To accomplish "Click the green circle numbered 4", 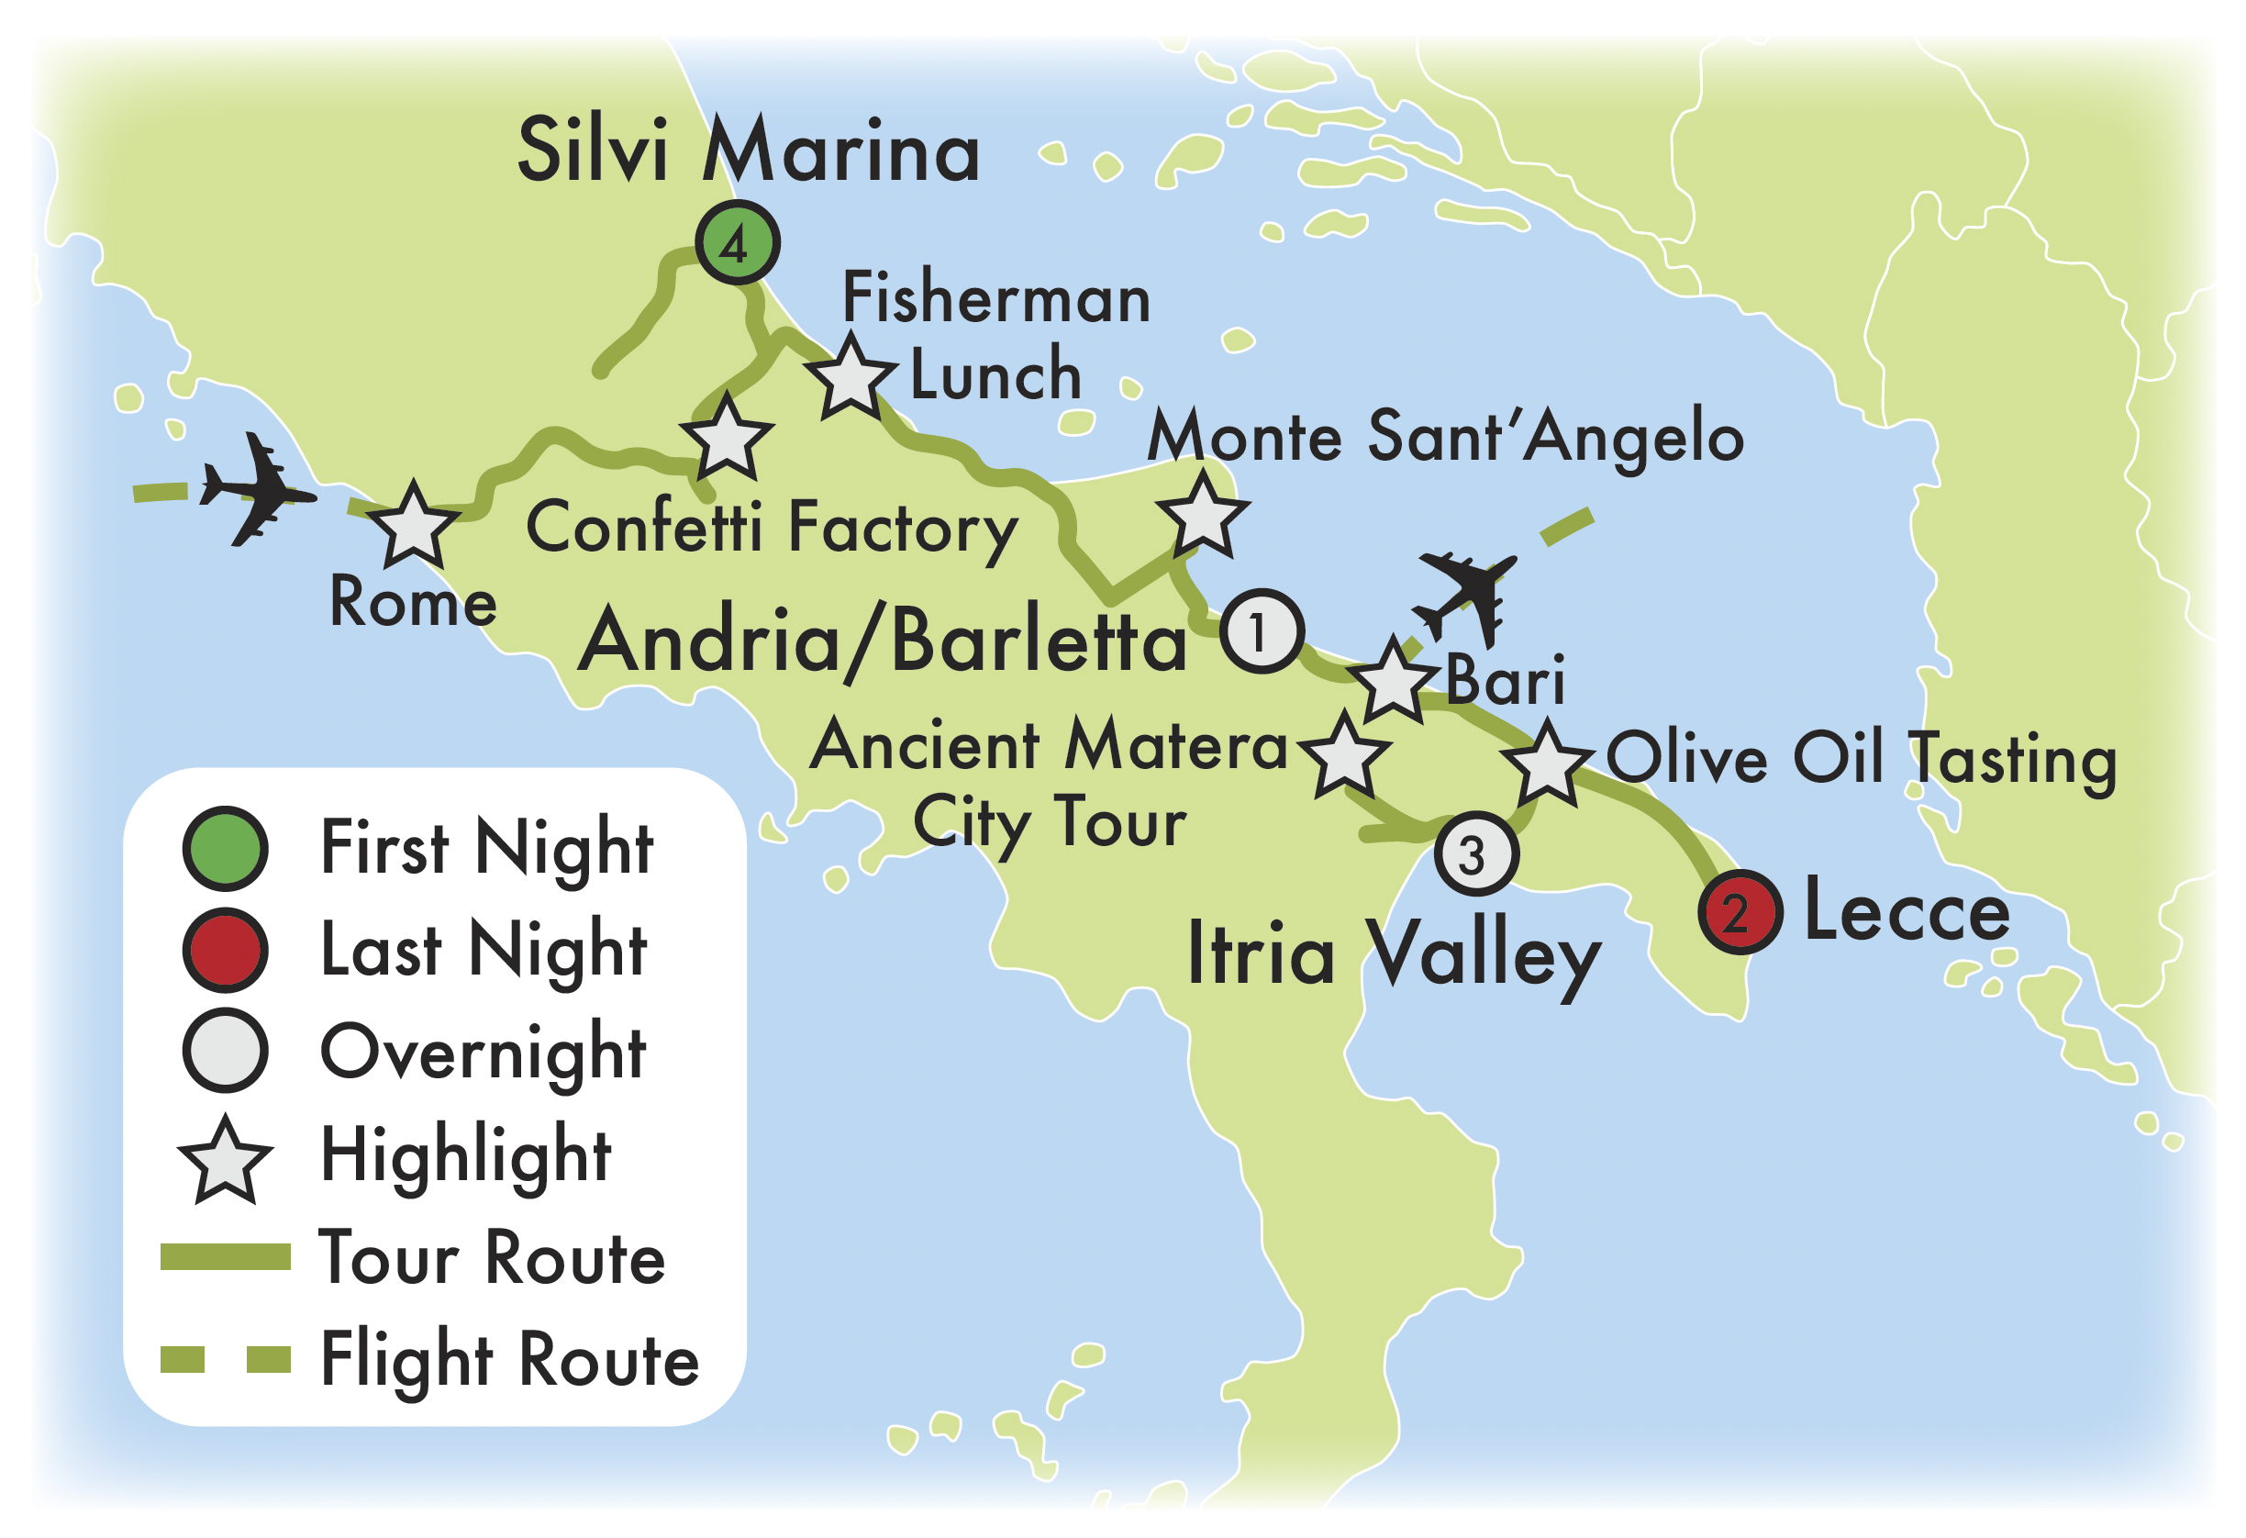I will pyautogui.click(x=738, y=241).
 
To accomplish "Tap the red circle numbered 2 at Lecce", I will pyautogui.click(x=1740, y=911).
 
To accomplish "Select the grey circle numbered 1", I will pyautogui.click(x=1262, y=631).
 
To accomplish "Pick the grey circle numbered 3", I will pyautogui.click(x=1475, y=853).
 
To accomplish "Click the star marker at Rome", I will pyautogui.click(x=414, y=527).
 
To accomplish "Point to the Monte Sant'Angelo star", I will pyautogui.click(x=1203, y=518).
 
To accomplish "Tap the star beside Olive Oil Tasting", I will pyautogui.click(x=1547, y=765).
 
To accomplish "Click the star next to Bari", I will pyautogui.click(x=1393, y=683).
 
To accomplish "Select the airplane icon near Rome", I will pyautogui.click(x=256, y=490).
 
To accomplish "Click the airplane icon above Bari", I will pyautogui.click(x=1467, y=595).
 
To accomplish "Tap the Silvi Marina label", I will pyautogui.click(x=749, y=150).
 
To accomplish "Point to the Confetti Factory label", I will pyautogui.click(x=772, y=528).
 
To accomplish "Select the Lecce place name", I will pyautogui.click(x=1906, y=911).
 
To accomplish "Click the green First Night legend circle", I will pyautogui.click(x=225, y=848).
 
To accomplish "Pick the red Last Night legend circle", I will pyautogui.click(x=225, y=951).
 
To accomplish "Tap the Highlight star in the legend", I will pyautogui.click(x=225, y=1161).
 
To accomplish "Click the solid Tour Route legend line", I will pyautogui.click(x=225, y=1256).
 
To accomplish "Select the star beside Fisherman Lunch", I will pyautogui.click(x=851, y=379).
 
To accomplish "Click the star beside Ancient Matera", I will pyautogui.click(x=1344, y=757).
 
